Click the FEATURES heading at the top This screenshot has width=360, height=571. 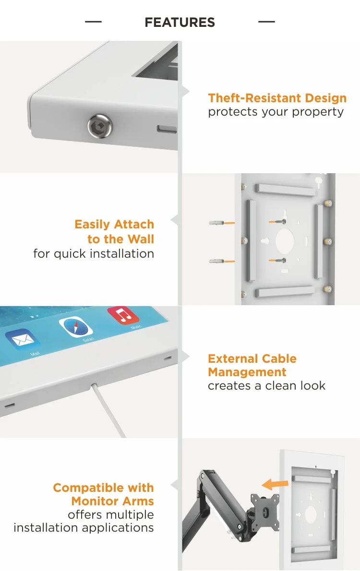[x=180, y=23]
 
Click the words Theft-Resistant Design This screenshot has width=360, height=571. [x=277, y=98]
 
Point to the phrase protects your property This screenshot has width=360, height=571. [x=276, y=112]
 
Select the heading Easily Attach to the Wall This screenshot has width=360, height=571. [x=114, y=232]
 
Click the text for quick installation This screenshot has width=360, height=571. [x=94, y=253]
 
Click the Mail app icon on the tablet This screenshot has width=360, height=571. [x=22, y=340]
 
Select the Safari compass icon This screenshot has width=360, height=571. [x=76, y=327]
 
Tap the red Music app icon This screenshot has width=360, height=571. [x=123, y=315]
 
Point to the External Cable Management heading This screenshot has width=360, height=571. [x=252, y=365]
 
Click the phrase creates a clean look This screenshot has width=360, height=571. [x=266, y=385]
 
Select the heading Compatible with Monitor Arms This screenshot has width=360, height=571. [x=103, y=494]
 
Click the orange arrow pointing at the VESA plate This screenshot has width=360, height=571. [x=277, y=483]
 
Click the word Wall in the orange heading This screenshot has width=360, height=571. [x=140, y=239]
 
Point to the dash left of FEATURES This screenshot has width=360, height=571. [x=93, y=22]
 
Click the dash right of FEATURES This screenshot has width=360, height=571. [x=266, y=22]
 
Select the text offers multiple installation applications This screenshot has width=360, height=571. [x=84, y=521]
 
